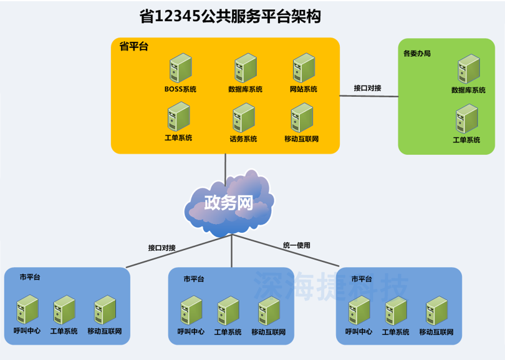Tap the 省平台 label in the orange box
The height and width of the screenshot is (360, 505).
pos(133,47)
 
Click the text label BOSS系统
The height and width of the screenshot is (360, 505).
pos(180,89)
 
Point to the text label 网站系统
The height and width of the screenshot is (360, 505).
pos(303,89)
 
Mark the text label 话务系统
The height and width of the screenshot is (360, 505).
pos(243,139)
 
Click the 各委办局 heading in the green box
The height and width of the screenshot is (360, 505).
pos(416,54)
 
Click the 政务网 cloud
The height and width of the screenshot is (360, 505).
pos(229,203)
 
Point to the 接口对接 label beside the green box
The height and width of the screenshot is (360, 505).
pos(367,88)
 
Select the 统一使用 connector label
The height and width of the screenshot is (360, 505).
pos(296,245)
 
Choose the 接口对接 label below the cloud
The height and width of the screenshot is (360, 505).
pos(161,248)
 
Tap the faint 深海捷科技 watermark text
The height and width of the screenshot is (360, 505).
pos(330,288)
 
